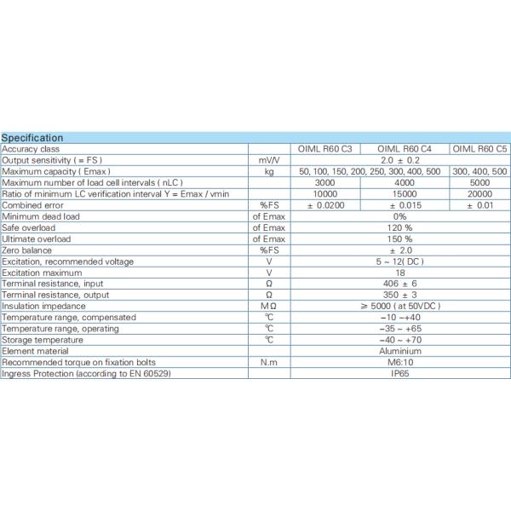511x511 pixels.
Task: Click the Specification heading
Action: tap(32, 137)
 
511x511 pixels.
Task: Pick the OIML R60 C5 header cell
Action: tap(479, 148)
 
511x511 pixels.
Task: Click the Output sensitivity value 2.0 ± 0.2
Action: tap(400, 159)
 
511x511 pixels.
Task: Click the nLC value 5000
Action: tap(479, 182)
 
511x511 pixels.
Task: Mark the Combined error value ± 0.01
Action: tap(479, 205)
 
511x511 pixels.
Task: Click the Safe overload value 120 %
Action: tap(400, 227)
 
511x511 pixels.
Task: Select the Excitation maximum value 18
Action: tap(400, 273)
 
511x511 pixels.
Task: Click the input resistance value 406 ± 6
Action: tap(400, 284)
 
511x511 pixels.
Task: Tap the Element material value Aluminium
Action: tap(400, 351)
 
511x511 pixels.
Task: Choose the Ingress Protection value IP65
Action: tap(400, 373)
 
